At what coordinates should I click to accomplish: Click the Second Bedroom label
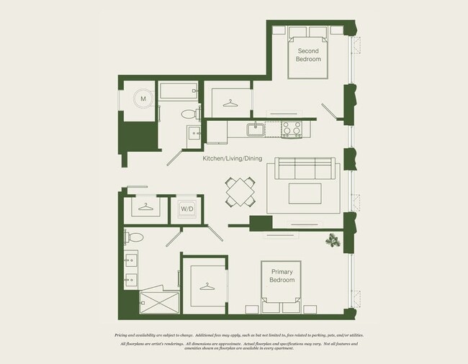pyautogui.click(x=307, y=55)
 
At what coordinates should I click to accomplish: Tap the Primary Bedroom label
pyautogui.click(x=282, y=276)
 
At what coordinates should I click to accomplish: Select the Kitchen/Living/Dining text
pyautogui.click(x=233, y=158)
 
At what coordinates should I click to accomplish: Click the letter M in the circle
pyautogui.click(x=143, y=99)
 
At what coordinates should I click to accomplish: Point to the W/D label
pyautogui.click(x=186, y=209)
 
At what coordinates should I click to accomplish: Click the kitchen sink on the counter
pyautogui.click(x=255, y=129)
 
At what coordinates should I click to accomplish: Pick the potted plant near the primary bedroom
pyautogui.click(x=333, y=240)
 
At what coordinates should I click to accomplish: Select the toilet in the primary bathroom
pyautogui.click(x=133, y=235)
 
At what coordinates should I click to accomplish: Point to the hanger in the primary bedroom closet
pyautogui.click(x=207, y=287)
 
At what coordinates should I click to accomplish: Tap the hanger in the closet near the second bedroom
pyautogui.click(x=230, y=105)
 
